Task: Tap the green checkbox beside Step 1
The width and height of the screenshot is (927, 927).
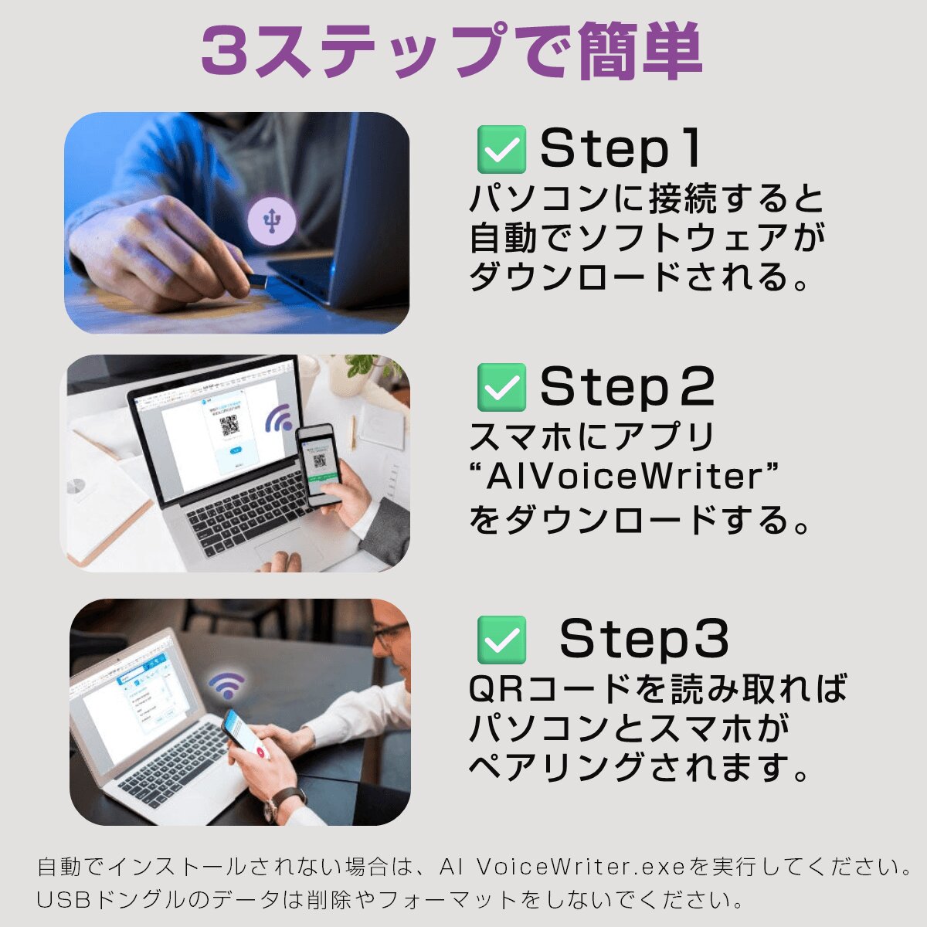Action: pos(501,149)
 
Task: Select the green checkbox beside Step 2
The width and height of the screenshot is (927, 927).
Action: pos(501,387)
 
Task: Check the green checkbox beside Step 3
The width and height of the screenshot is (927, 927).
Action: pos(501,640)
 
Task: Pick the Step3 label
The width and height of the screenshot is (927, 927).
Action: pos(643,640)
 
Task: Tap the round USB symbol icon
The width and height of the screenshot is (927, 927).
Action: pos(272,221)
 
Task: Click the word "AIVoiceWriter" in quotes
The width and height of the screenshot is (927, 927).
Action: pos(626,477)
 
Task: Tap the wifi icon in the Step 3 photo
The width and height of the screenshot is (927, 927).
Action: pos(226,685)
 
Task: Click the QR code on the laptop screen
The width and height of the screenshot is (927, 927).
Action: pos(229,426)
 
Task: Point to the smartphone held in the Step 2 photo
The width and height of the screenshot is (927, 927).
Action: pos(319,465)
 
